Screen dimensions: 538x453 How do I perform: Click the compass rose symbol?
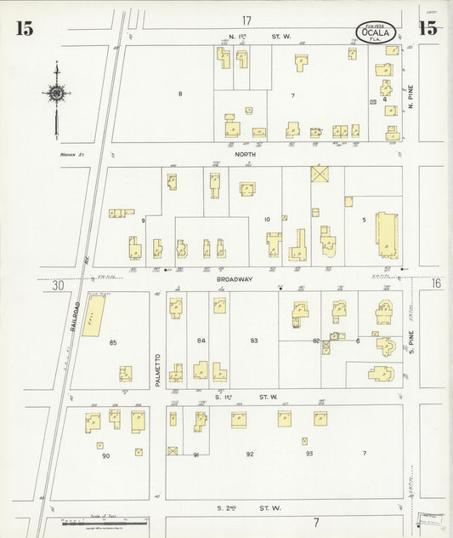(56, 93)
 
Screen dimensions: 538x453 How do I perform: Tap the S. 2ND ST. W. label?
(247, 508)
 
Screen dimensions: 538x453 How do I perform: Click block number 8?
(180, 93)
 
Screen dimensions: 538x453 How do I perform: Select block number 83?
(253, 341)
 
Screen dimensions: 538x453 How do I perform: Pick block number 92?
(250, 454)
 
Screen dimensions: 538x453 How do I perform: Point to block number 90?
(106, 456)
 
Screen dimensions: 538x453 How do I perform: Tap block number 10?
(267, 220)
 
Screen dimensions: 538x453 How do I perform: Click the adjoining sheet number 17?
(246, 20)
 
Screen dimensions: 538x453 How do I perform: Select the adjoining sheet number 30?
(58, 286)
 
